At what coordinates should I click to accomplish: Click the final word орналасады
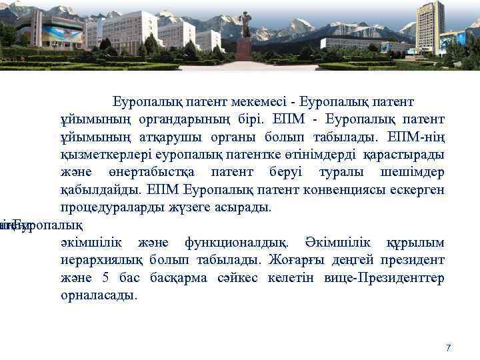click(97, 294)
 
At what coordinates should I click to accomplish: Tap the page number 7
click(448, 348)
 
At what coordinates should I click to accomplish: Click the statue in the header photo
click(245, 27)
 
